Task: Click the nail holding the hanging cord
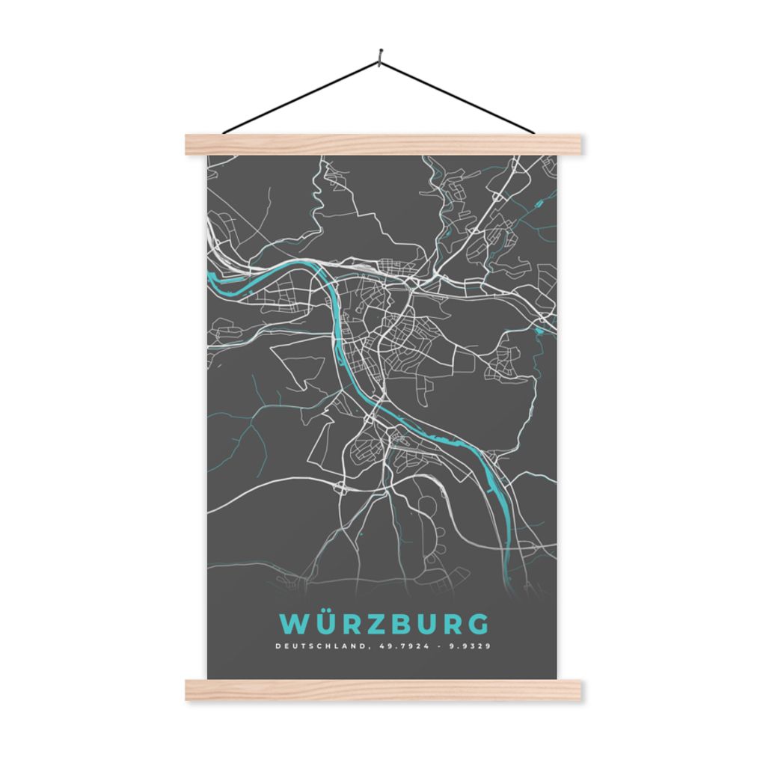(382, 54)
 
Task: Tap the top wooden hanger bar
(383, 144)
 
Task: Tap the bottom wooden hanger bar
(383, 690)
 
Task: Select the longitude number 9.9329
(469, 646)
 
